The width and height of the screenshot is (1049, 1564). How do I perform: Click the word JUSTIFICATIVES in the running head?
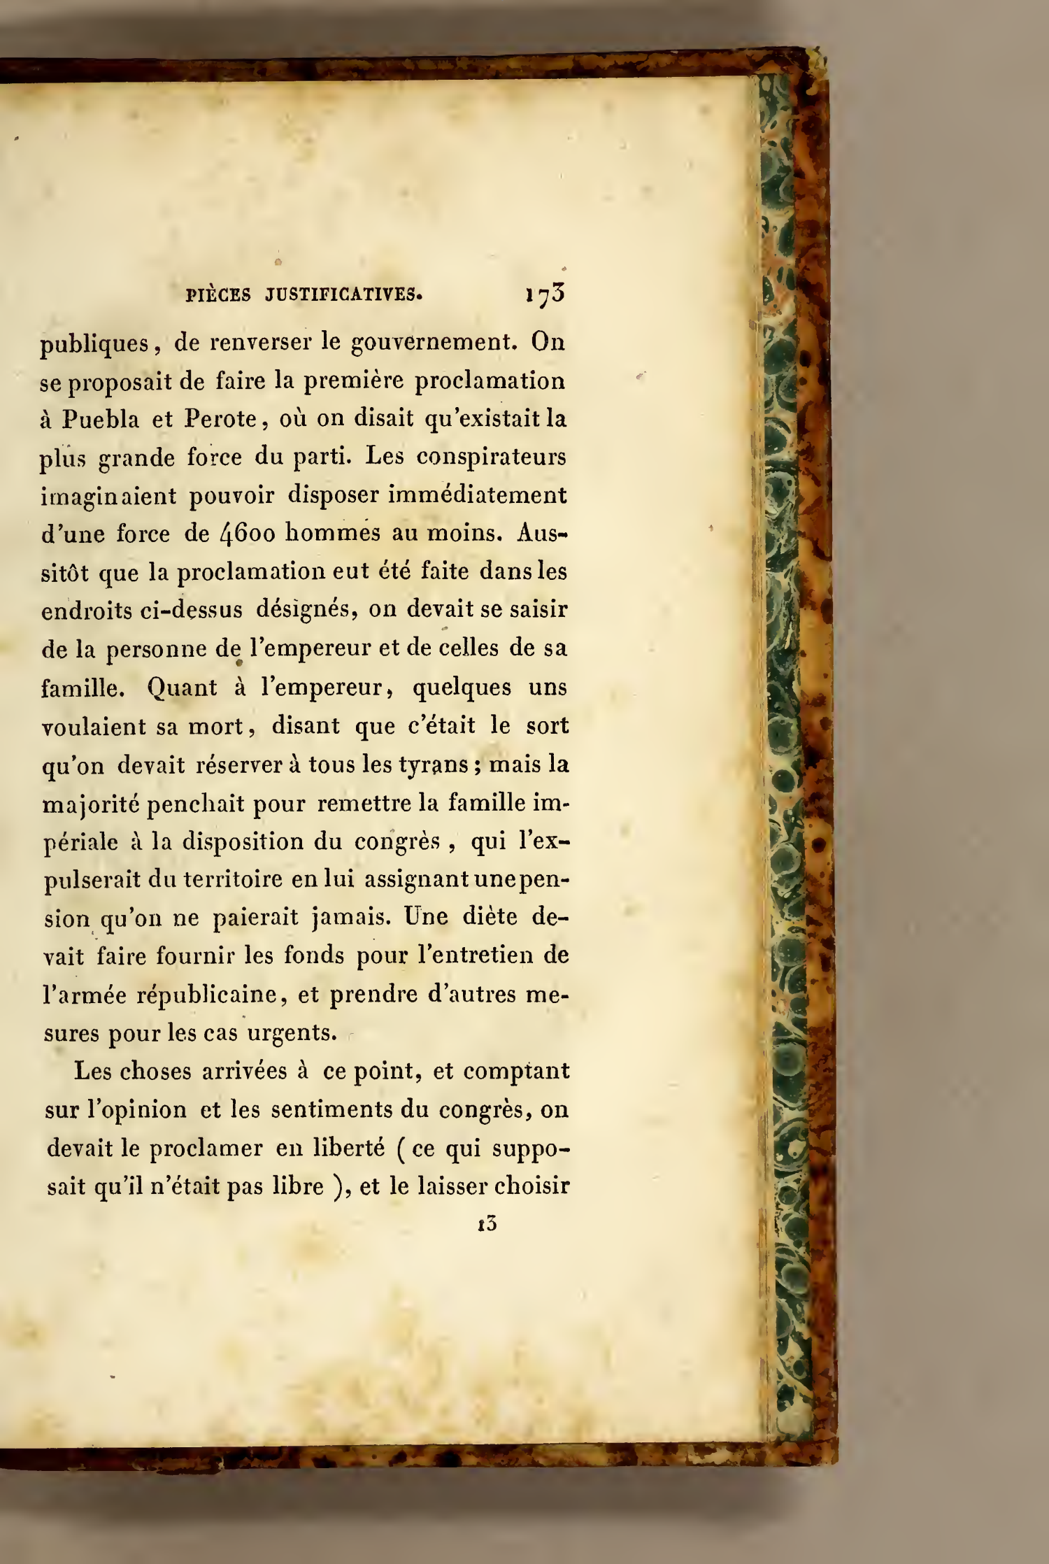click(x=343, y=294)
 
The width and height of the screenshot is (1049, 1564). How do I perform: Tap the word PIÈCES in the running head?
click(x=218, y=294)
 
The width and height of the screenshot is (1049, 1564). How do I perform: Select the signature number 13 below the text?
click(x=487, y=1223)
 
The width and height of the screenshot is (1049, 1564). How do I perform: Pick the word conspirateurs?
click(x=491, y=457)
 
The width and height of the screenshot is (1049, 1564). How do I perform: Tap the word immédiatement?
click(x=477, y=495)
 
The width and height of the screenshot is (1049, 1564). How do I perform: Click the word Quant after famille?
click(x=182, y=688)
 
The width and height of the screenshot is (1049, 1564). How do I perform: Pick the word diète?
click(x=489, y=917)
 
